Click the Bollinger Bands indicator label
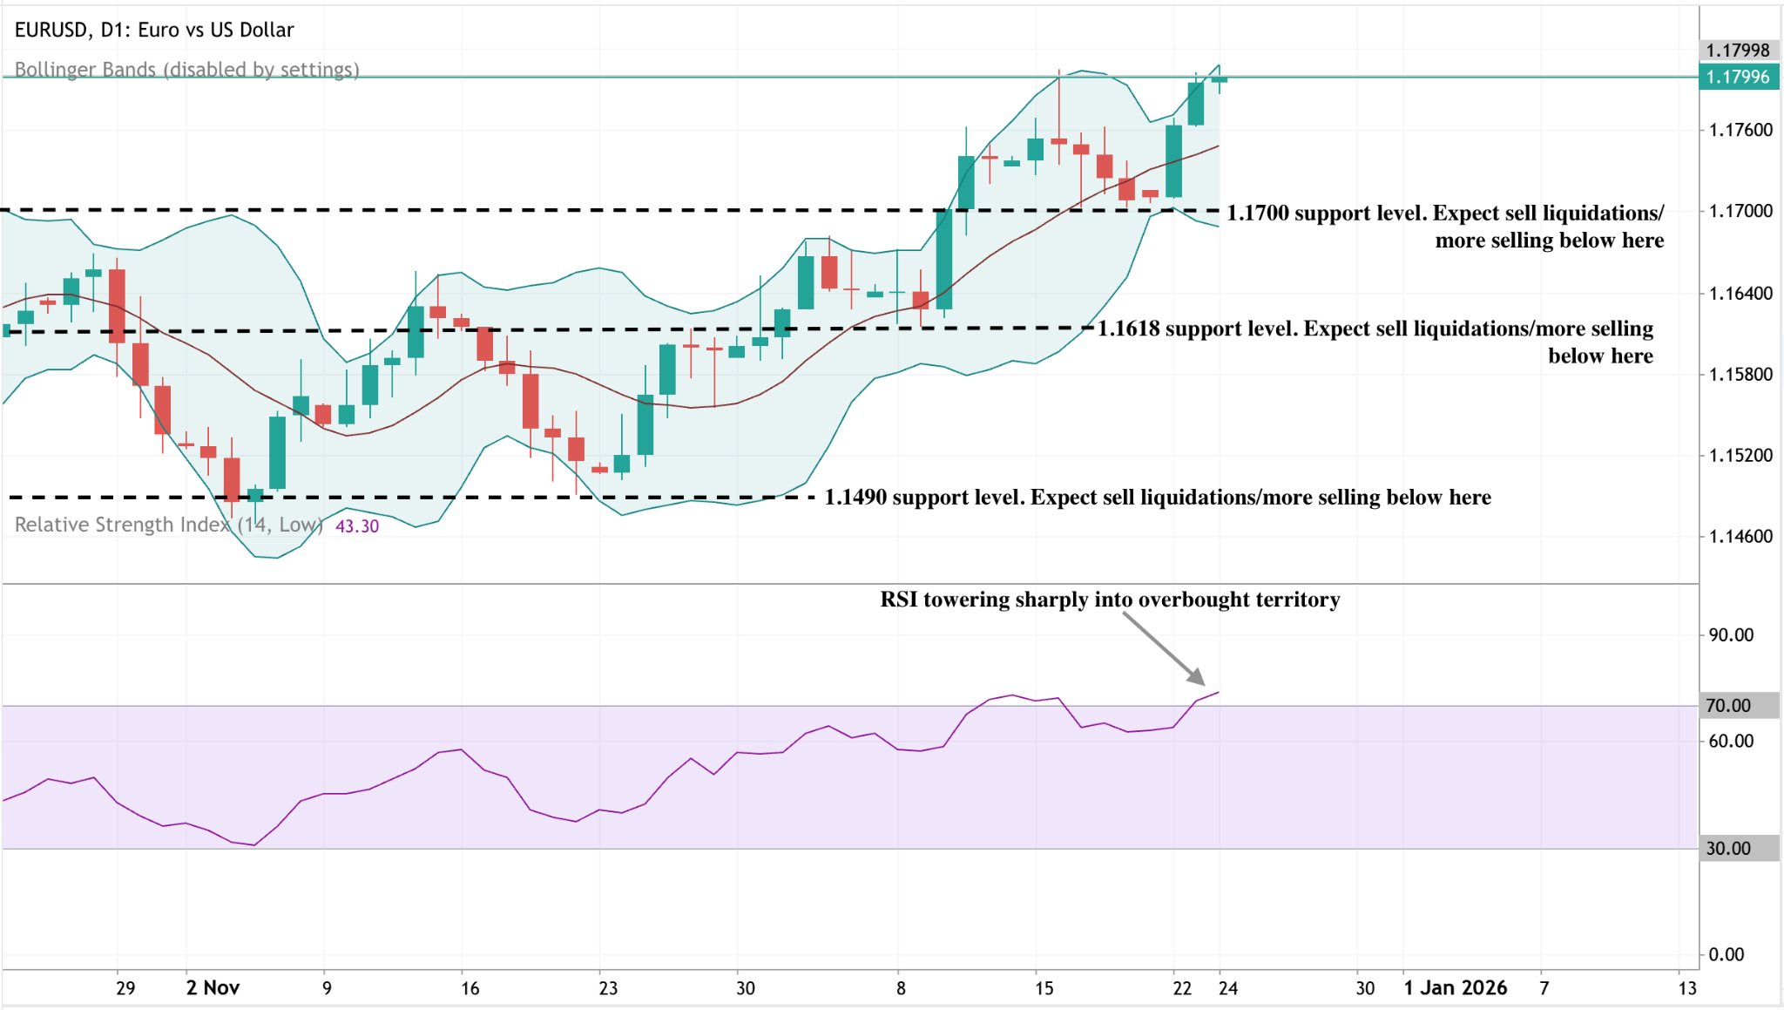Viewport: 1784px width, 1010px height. [186, 70]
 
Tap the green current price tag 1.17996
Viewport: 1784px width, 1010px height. [1738, 77]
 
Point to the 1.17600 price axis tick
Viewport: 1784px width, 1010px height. [1740, 130]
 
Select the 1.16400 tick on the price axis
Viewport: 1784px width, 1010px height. [1740, 293]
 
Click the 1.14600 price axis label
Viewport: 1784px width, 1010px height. [1740, 536]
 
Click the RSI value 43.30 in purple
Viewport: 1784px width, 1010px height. [357, 526]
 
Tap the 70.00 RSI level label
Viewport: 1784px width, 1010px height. [1728, 706]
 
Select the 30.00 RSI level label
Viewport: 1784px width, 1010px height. [1728, 848]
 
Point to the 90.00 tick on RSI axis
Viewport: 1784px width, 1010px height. [1731, 634]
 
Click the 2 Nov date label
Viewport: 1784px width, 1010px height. [213, 987]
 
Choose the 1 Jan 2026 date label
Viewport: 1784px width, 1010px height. [1455, 987]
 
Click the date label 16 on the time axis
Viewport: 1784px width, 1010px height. [470, 988]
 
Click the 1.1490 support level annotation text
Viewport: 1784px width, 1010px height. [1157, 497]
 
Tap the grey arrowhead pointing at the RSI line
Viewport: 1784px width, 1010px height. [1197, 677]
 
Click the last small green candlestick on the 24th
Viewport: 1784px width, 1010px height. [1219, 79]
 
